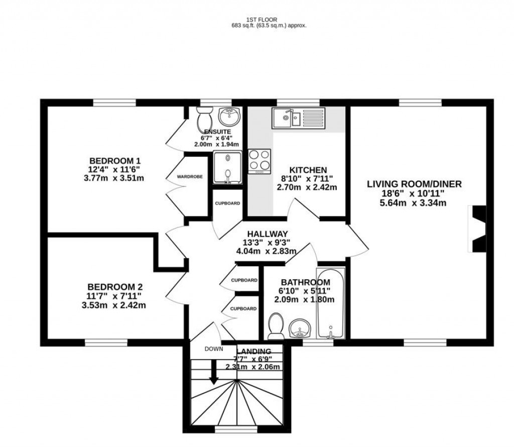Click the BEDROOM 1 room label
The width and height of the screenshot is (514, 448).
[115, 161]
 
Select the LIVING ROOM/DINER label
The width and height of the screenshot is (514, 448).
[414, 184]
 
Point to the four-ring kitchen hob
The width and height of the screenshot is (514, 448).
[260, 161]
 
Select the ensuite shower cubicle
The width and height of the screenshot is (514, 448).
[227, 168]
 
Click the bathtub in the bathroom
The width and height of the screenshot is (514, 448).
[331, 303]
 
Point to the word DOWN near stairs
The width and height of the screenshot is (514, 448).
[213, 349]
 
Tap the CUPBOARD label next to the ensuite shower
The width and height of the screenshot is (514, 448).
[227, 203]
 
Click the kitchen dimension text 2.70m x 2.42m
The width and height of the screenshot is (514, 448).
[307, 187]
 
